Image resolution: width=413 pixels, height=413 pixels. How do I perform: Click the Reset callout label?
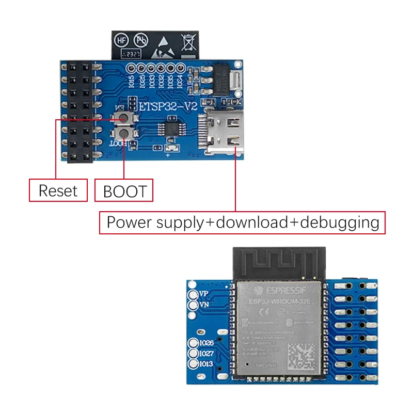(57, 190)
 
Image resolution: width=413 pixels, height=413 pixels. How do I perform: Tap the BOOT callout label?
(124, 191)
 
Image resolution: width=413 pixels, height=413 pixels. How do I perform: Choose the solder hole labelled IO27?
(194, 353)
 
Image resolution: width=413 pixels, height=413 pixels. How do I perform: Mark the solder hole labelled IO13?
(194, 364)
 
